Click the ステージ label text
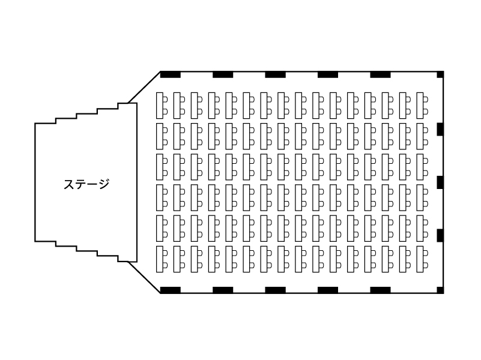(x=86, y=184)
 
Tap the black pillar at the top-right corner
(x=440, y=74)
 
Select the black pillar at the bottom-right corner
(x=440, y=290)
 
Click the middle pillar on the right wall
(x=440, y=182)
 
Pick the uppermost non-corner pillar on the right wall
(x=440, y=129)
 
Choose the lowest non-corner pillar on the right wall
(x=440, y=235)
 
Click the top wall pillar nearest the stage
(x=171, y=74)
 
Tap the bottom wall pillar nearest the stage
(x=171, y=290)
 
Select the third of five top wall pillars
(x=276, y=74)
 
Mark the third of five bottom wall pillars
(x=276, y=290)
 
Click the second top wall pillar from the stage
(x=223, y=74)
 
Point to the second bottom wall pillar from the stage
(x=223, y=290)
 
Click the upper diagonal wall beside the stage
(x=144, y=87)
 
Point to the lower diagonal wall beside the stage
(x=144, y=278)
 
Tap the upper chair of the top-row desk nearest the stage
(x=165, y=99)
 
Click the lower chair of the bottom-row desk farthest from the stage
(x=426, y=265)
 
